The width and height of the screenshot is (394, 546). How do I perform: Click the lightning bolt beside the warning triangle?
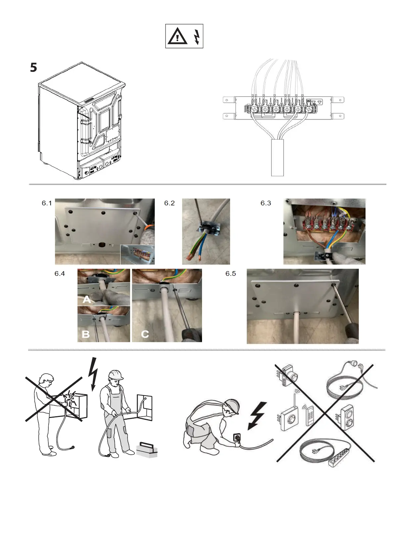coord(196,37)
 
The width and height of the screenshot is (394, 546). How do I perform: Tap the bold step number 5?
coord(33,68)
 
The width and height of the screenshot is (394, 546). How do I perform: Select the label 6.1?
coord(47,203)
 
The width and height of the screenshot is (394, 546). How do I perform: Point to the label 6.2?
coord(169,203)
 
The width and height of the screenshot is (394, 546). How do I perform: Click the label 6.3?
coord(266,203)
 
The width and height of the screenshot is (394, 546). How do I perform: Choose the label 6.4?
coord(60,274)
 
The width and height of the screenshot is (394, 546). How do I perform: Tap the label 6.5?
coord(230,274)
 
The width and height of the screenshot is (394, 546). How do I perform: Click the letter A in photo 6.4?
coord(87,299)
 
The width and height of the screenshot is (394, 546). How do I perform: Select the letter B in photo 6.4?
coord(86,334)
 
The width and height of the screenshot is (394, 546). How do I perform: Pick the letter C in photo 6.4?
coord(145,334)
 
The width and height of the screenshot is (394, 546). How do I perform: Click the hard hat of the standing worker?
coord(116,374)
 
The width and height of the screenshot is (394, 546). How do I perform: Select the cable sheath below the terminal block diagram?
coord(277,158)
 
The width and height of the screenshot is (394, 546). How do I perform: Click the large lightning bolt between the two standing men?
coord(93,374)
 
